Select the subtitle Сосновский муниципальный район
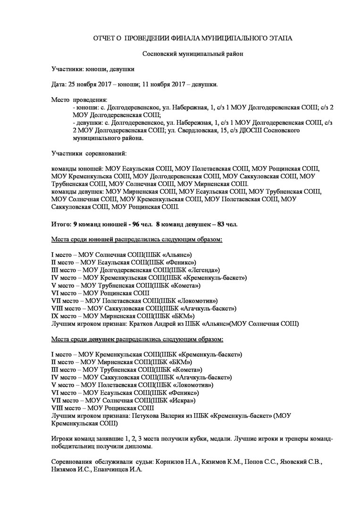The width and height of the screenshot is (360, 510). [x=190, y=54]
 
